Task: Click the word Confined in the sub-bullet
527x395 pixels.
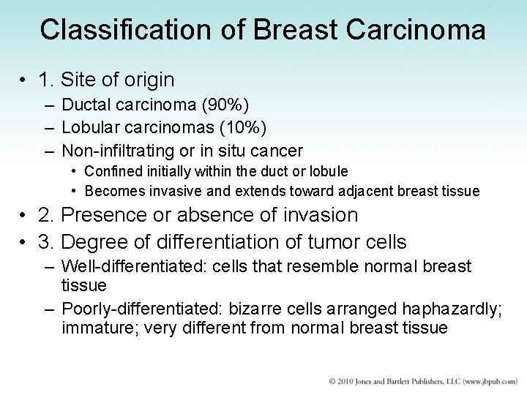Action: [111, 171]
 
